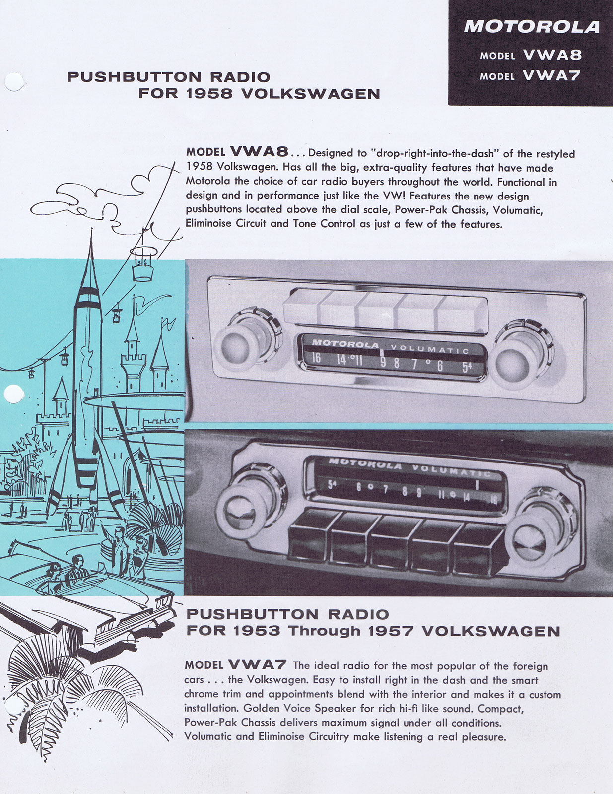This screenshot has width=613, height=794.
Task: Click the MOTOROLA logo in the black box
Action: point(532,27)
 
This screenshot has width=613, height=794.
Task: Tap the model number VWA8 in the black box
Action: point(552,55)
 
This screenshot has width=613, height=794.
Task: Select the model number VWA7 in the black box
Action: point(551,75)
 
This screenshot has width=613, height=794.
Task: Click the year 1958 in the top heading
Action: point(209,94)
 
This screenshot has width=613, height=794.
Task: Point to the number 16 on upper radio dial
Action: point(316,358)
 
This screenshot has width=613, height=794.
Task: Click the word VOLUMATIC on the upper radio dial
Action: point(430,349)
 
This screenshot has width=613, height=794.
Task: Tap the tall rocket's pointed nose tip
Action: point(91,229)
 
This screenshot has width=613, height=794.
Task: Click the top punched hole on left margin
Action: point(14,82)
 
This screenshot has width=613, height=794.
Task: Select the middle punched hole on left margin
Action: point(13,394)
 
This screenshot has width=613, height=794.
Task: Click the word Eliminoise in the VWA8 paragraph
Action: point(208,223)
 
